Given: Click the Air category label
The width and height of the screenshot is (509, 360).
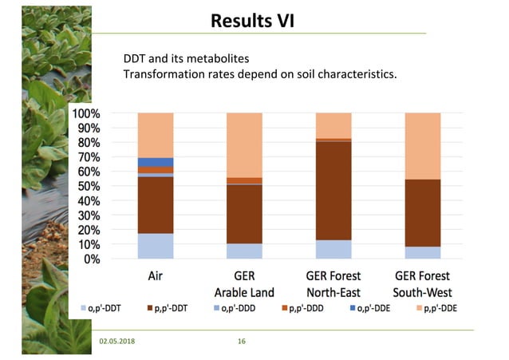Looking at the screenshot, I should pyautogui.click(x=156, y=277).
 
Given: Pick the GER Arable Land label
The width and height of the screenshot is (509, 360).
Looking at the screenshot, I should pyautogui.click(x=244, y=284).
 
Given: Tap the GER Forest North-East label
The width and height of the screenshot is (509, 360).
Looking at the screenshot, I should pyautogui.click(x=333, y=284).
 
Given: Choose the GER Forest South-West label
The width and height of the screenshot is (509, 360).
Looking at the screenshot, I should pyautogui.click(x=423, y=284).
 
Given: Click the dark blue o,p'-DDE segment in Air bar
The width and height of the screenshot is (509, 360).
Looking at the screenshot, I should pyautogui.click(x=156, y=162).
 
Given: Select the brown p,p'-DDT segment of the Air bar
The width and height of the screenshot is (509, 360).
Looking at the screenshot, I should pyautogui.click(x=156, y=205).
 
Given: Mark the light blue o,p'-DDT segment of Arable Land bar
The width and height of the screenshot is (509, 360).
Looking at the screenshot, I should pyautogui.click(x=244, y=251).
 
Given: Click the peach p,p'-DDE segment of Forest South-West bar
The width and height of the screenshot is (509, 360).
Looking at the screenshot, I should pyautogui.click(x=423, y=146).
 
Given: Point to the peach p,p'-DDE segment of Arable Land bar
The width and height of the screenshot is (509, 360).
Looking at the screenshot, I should pyautogui.click(x=244, y=144).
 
